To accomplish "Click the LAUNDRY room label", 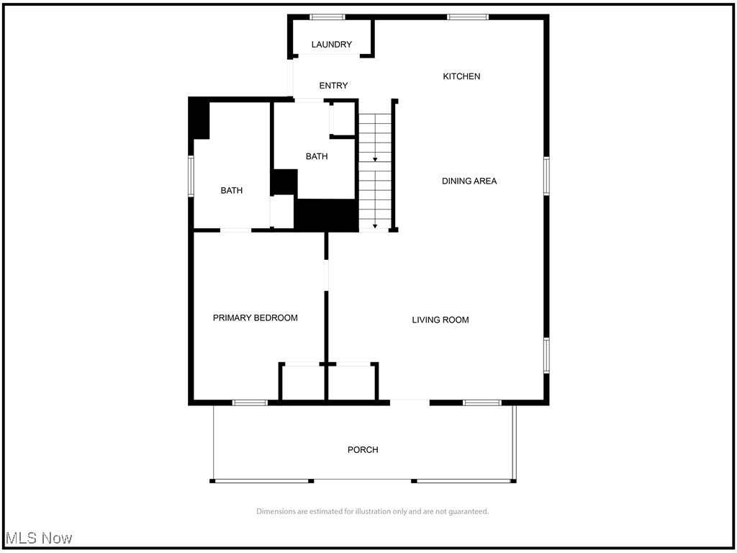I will click(x=331, y=45).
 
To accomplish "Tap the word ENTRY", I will click(x=333, y=86).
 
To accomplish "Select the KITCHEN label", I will click(x=461, y=76).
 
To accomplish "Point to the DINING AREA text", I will click(x=469, y=181).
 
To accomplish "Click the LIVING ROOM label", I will click(x=440, y=320).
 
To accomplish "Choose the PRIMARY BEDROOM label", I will click(x=255, y=318).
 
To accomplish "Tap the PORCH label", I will click(x=363, y=450).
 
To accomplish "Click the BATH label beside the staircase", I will click(x=317, y=156).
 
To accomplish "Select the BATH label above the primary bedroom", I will click(x=231, y=191).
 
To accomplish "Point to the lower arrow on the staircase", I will click(x=375, y=225).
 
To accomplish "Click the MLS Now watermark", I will click(x=40, y=538).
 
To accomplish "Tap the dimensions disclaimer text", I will click(x=372, y=512).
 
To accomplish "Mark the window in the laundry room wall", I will click(x=327, y=17).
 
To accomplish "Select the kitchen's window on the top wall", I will click(x=468, y=17).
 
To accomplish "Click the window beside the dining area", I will click(x=546, y=176).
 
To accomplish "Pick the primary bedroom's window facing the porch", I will click(x=250, y=403).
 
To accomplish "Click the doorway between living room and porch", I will click(x=410, y=402).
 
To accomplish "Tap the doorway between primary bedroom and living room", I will click(x=327, y=275).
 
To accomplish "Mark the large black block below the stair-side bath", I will click(x=327, y=215).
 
